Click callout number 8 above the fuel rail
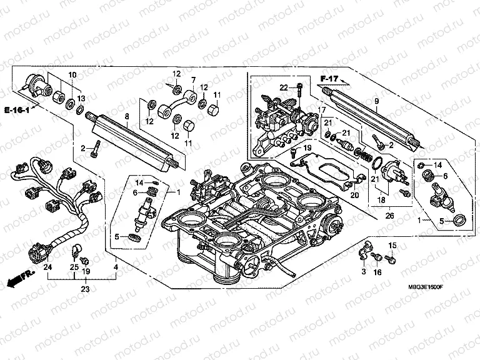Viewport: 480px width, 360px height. point(127,116)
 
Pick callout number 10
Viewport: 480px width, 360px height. point(72,75)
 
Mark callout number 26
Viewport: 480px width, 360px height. point(391,217)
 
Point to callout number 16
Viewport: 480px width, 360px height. point(376,273)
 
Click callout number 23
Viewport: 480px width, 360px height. point(86,289)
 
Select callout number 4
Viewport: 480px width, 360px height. point(115,267)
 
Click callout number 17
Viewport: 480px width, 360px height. point(322,111)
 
